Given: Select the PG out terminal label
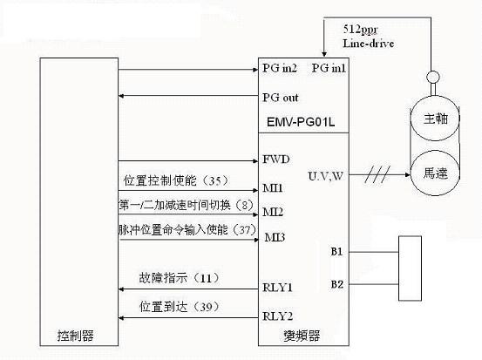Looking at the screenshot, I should pos(280,97).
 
